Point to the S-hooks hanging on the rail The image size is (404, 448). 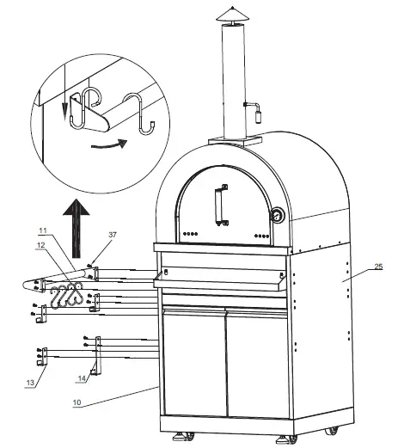coord(66,296)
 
